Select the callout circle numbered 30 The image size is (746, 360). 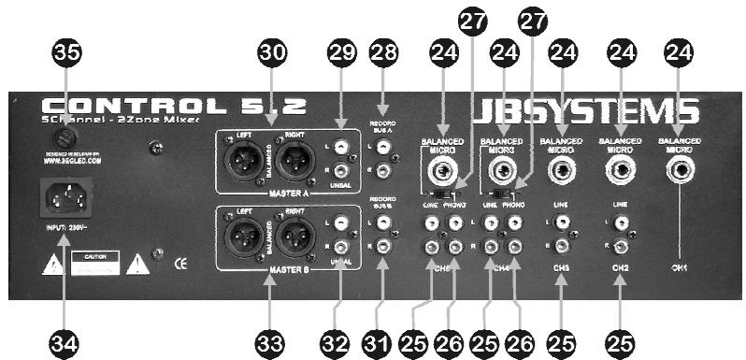pyautogui.click(x=270, y=55)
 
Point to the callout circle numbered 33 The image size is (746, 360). pyautogui.click(x=270, y=342)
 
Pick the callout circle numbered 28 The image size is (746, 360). pyautogui.click(x=383, y=54)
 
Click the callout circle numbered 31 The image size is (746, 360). pyautogui.click(x=383, y=342)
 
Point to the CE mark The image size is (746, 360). pyautogui.click(x=181, y=264)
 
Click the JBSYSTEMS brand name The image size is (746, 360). pyautogui.click(x=585, y=111)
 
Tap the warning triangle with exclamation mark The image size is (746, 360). pyautogui.click(x=138, y=264)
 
